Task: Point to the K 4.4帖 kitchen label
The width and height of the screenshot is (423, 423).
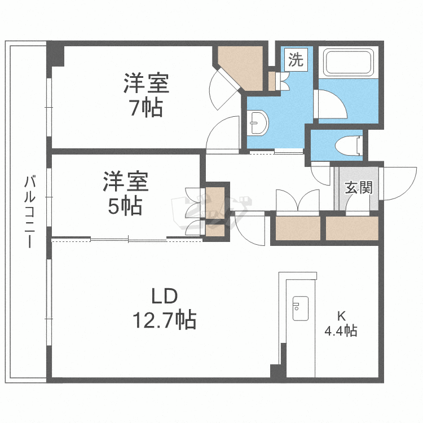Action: (340, 324)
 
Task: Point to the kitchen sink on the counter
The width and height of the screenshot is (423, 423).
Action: (299, 308)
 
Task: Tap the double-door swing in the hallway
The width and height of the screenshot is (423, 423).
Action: (297, 200)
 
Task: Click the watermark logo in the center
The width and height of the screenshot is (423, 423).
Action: (209, 209)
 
